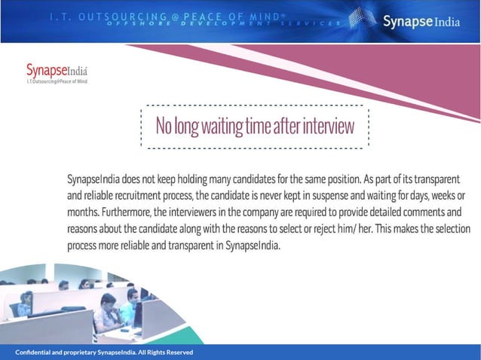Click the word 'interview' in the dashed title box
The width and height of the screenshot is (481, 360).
point(328,127)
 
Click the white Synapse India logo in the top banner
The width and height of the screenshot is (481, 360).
point(419,20)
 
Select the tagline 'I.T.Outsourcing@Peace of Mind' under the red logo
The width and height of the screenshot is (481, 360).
point(57,81)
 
